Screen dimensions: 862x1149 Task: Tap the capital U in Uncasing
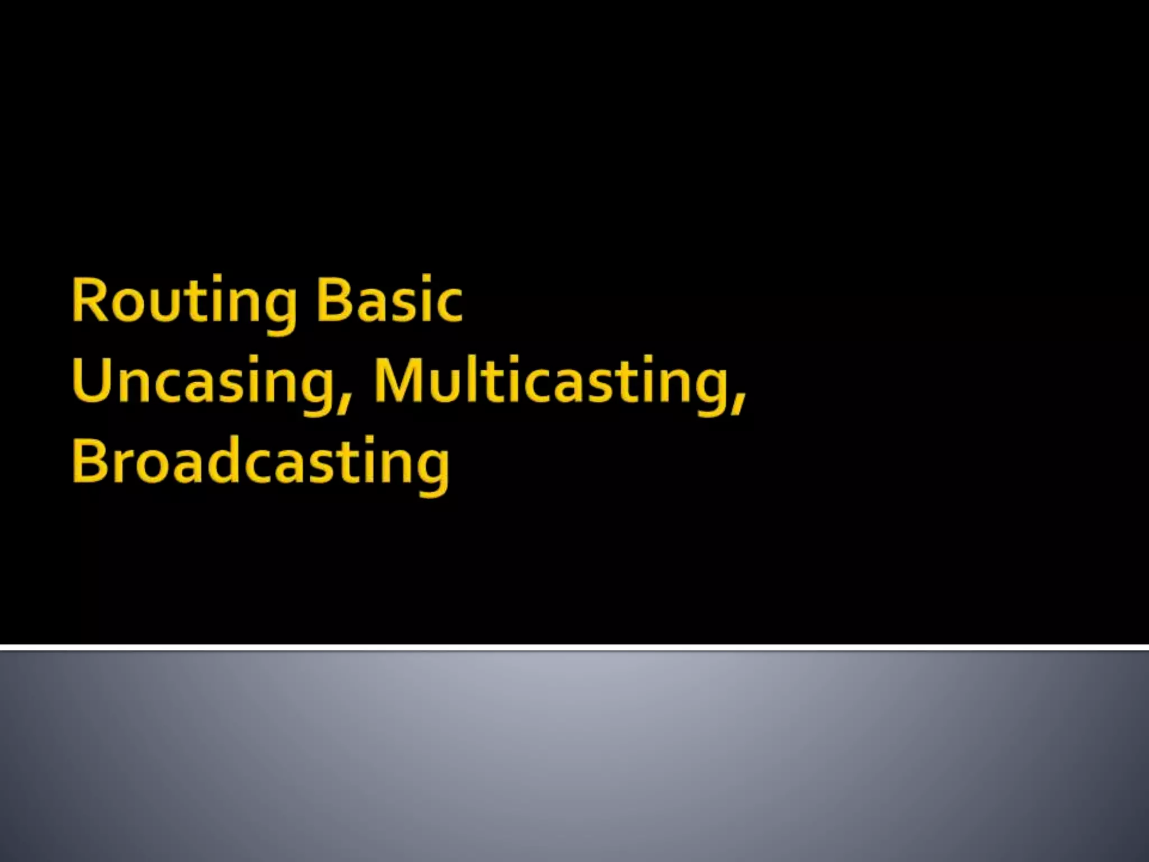pos(91,380)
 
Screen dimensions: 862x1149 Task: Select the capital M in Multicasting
pos(398,380)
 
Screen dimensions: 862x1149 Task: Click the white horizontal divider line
pos(574,648)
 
